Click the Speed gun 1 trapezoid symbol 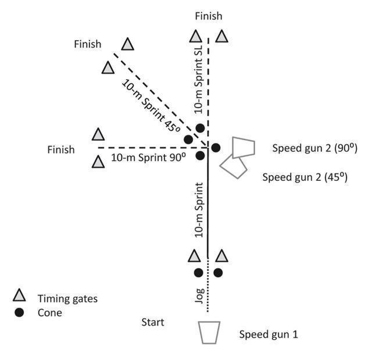(x=209, y=332)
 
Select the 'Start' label (x=153, y=322)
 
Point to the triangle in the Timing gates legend (x=19, y=295)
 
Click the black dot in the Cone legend (x=19, y=312)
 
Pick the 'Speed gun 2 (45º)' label (x=305, y=177)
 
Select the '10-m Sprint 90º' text (x=148, y=157)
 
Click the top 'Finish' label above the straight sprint (x=208, y=16)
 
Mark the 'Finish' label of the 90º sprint (x=61, y=149)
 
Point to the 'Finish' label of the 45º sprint (x=88, y=44)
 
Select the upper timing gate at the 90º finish (x=98, y=135)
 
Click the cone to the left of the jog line (x=198, y=272)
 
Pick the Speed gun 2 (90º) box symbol (x=243, y=147)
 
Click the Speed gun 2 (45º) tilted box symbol (x=233, y=167)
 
